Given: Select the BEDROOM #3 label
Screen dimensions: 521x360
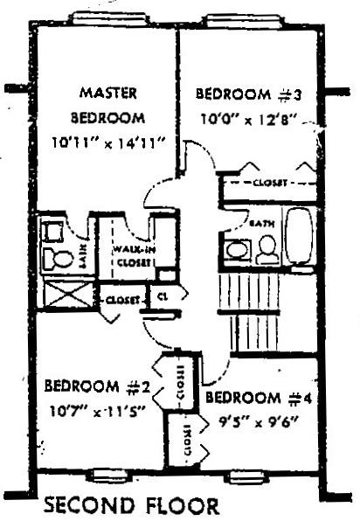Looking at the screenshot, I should (247, 94).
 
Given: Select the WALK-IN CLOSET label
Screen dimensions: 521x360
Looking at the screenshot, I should (126, 256).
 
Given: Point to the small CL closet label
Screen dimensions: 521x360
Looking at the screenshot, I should (162, 297).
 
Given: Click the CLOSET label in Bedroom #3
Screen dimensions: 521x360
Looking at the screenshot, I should (267, 184).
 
